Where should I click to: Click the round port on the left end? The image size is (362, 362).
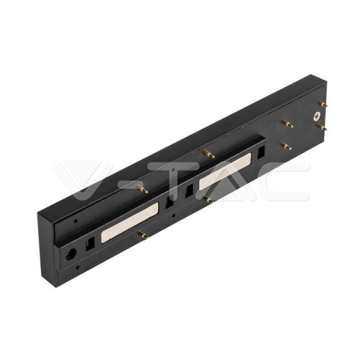click(x=71, y=253)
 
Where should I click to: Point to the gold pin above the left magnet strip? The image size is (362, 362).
click(x=143, y=189)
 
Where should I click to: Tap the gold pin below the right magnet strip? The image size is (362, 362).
click(x=208, y=200)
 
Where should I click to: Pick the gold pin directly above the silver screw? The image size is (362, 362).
click(x=285, y=124)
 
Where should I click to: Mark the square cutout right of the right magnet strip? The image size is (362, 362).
click(x=260, y=150)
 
